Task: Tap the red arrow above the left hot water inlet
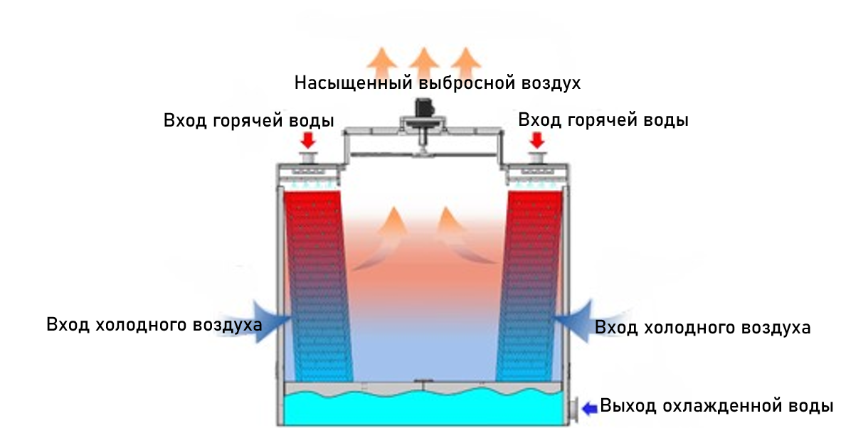(308, 139)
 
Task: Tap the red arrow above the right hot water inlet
(536, 139)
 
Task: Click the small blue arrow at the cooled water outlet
(590, 407)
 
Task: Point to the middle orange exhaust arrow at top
(424, 60)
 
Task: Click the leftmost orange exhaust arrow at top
(384, 60)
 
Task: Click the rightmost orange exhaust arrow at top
(464, 60)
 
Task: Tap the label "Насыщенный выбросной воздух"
(438, 83)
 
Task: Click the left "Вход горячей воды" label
(248, 120)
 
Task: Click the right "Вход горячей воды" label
(603, 120)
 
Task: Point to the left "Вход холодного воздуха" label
(154, 325)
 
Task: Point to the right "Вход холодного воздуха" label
(702, 328)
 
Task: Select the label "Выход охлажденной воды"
(716, 407)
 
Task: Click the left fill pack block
(317, 284)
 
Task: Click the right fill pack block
(529, 284)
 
